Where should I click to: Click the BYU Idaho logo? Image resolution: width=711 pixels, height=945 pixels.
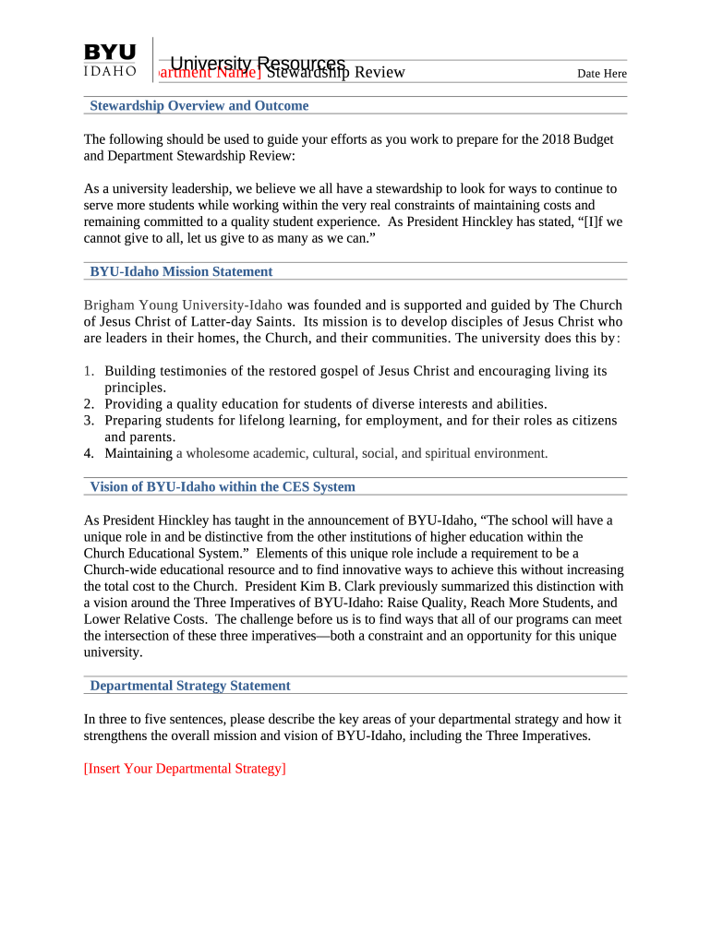(110, 60)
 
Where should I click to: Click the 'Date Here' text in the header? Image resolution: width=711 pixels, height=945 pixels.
(601, 74)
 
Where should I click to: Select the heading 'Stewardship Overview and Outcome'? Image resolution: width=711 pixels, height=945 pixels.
(199, 106)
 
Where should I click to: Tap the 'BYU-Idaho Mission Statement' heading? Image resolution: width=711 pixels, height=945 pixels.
(181, 272)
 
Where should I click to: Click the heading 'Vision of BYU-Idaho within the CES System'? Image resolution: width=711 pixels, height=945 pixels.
(222, 487)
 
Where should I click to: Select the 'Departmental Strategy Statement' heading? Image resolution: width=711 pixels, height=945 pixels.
(190, 686)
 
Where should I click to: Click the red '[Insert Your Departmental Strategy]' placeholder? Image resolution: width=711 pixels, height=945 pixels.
(185, 768)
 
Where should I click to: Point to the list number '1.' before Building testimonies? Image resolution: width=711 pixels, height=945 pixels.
(89, 371)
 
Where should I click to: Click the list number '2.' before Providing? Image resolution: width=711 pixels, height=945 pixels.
(89, 404)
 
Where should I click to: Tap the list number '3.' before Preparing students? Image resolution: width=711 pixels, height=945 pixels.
(89, 421)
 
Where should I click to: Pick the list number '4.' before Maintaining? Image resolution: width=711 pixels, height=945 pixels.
(89, 453)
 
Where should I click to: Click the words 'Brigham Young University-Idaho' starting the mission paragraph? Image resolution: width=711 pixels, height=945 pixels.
(183, 305)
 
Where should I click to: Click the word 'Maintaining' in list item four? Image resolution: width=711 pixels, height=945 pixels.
(139, 453)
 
